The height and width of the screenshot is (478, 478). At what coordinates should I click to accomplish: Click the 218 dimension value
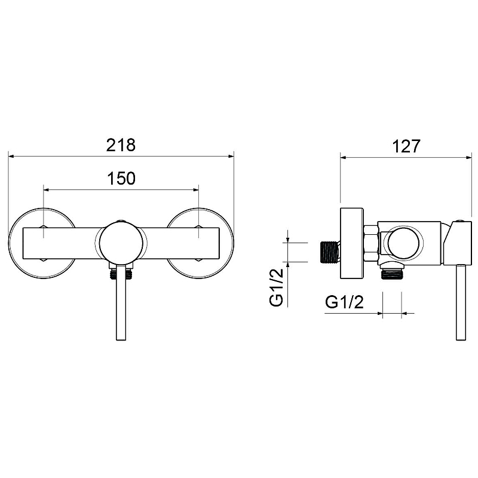121,145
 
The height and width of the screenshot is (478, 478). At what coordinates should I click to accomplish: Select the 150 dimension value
121,179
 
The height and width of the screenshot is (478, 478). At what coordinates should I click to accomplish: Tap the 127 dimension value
406,146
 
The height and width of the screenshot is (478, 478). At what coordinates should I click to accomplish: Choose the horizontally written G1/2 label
345,302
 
